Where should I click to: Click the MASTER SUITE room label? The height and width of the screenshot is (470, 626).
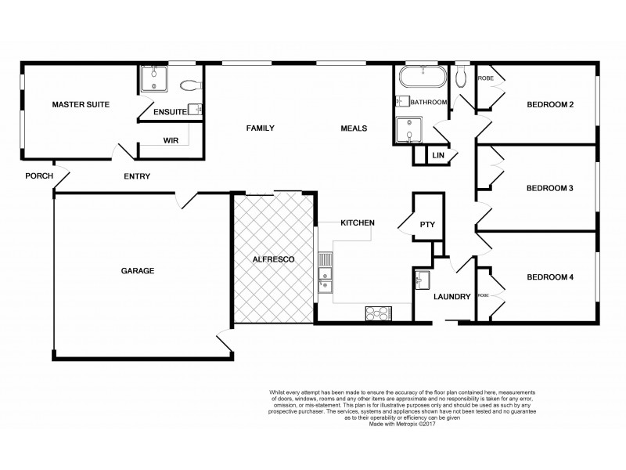tap(80, 104)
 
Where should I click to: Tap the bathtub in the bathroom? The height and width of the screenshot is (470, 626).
tap(422, 78)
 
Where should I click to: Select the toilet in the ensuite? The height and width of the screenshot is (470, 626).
tap(189, 85)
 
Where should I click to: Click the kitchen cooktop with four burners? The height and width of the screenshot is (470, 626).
tap(378, 314)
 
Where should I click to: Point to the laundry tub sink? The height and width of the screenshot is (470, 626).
tap(423, 280)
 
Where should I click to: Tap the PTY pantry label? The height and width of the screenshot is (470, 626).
tap(426, 225)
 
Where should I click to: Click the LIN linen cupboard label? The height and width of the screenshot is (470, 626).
tap(438, 157)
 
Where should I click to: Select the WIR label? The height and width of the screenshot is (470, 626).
tap(171, 142)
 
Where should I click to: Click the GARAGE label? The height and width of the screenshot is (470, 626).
tap(137, 271)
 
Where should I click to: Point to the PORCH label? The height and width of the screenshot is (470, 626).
tap(38, 176)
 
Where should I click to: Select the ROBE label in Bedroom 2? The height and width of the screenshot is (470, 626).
tap(485, 78)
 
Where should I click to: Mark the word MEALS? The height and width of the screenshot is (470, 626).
tap(354, 128)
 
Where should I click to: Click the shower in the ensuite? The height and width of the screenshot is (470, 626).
tap(153, 80)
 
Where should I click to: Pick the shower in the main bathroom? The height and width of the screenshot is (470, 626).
tap(409, 130)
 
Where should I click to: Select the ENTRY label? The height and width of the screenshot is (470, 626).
tap(137, 176)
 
